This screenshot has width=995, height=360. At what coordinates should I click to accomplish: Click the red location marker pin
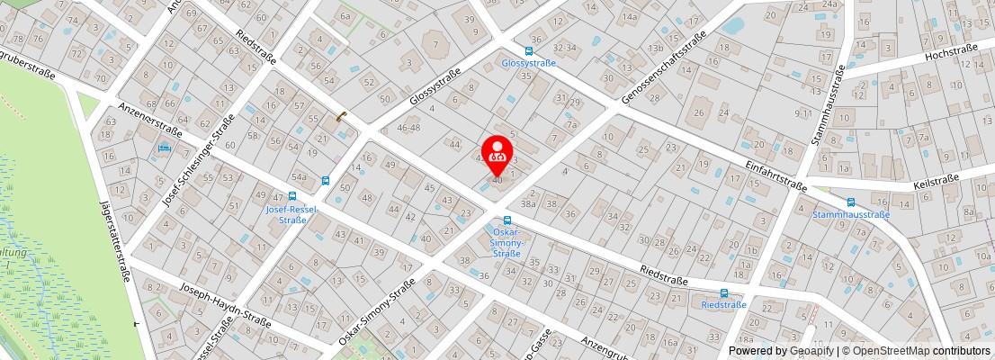497,155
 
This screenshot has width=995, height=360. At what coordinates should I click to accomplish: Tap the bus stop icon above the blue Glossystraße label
529,51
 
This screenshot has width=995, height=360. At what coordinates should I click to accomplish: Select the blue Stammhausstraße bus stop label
851,214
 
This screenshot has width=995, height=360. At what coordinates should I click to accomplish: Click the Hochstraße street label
951,55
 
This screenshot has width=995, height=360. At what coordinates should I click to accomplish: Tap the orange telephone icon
341,116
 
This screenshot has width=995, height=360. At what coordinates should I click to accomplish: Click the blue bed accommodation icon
165,148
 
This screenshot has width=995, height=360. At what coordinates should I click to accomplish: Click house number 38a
528,204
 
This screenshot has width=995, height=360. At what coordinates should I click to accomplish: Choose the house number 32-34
565,47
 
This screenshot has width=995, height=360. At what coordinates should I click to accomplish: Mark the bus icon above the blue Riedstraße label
724,292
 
